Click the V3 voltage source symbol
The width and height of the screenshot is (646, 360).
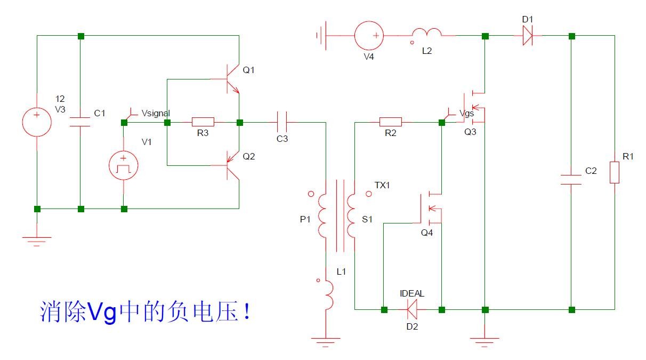36,122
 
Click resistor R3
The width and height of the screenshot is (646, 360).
203,122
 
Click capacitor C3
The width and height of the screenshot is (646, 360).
282,122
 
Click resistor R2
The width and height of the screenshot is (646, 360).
391,122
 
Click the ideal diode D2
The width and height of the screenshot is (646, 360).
412,309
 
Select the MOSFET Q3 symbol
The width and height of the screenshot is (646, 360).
477,107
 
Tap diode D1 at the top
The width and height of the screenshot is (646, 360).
527,36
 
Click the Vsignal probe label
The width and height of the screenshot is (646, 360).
156,113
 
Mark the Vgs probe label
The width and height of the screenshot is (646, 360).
466,113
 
